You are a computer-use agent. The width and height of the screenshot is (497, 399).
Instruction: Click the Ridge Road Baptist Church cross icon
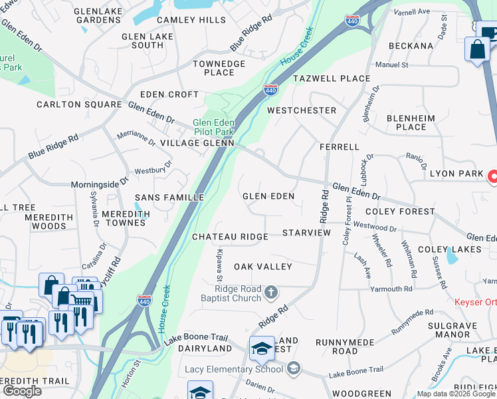[x=270, y=292]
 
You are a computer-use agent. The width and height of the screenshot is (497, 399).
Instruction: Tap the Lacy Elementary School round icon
[x=294, y=368]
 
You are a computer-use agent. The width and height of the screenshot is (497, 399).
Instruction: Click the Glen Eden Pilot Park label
[x=213, y=127]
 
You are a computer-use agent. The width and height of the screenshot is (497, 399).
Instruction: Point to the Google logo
[x=23, y=390]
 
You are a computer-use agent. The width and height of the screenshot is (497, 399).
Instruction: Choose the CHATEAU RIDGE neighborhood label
[x=230, y=237]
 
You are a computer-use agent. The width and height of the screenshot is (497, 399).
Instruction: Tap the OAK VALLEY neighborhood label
[x=262, y=267]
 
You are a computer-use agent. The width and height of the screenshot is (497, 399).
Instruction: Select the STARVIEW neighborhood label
[x=306, y=233]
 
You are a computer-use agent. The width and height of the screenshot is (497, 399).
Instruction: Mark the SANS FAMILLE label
[x=169, y=198]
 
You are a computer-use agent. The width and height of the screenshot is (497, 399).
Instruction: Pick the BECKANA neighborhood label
[x=411, y=46]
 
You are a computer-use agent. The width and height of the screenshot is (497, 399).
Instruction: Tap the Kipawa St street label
[x=219, y=261]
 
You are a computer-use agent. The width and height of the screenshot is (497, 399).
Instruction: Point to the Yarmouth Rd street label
[x=392, y=289]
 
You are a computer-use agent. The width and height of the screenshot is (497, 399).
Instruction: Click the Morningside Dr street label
[x=100, y=183]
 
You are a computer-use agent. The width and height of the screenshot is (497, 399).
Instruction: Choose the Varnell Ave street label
[x=411, y=12]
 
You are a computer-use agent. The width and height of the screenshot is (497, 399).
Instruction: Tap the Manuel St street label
[x=391, y=65]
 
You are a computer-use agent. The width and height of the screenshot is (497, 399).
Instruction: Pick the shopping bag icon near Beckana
[x=478, y=50]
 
